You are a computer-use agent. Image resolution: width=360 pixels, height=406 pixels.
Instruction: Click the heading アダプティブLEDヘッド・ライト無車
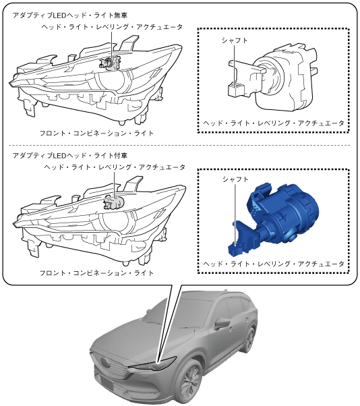[70, 16]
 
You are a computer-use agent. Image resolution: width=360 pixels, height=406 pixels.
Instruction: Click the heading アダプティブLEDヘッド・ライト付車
[70, 156]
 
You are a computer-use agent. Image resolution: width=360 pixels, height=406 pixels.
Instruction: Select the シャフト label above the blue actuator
[235, 179]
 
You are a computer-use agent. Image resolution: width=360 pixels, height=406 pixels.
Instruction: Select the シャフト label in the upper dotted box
[235, 40]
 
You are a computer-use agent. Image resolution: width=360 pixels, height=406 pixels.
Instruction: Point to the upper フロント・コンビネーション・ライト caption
[96, 134]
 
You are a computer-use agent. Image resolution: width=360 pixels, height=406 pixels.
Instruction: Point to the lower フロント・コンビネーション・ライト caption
[96, 273]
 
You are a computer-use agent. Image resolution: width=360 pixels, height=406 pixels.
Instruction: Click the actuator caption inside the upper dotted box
[274, 123]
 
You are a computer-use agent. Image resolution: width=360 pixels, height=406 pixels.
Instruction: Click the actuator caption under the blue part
[274, 264]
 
